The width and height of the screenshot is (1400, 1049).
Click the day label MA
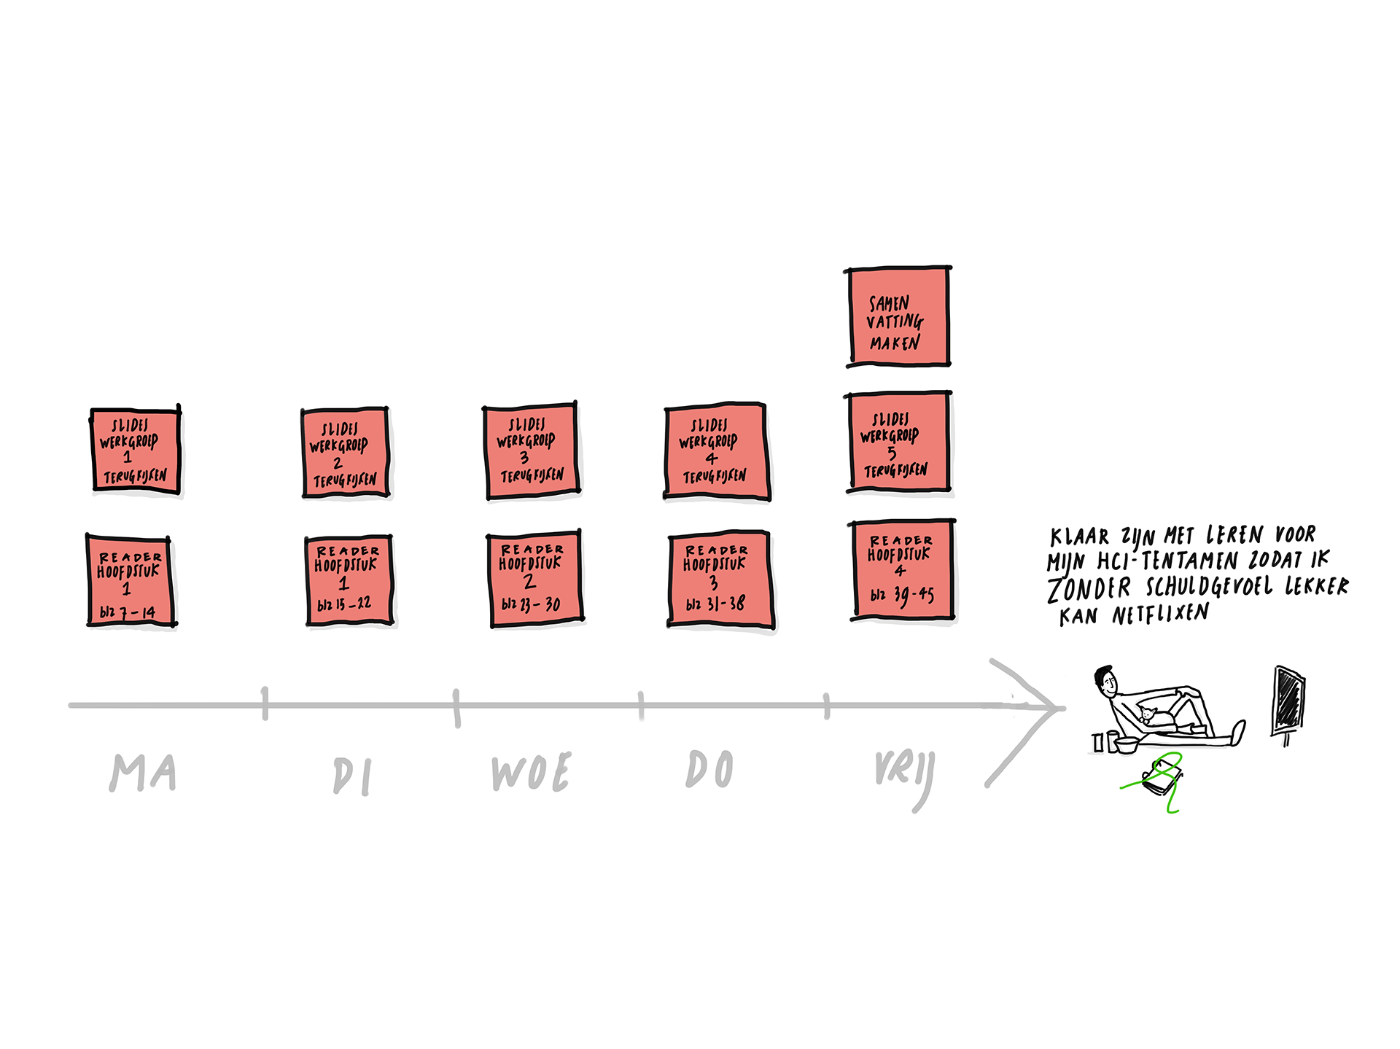point(143,773)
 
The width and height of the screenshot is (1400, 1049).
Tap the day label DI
point(352,776)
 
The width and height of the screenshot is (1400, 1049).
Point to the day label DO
point(709,769)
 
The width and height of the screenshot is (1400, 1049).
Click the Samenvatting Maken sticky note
point(898,317)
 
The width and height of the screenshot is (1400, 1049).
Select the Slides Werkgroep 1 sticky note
point(136,450)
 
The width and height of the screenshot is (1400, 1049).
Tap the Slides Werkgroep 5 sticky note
point(899,442)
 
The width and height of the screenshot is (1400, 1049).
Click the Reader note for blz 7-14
point(131,581)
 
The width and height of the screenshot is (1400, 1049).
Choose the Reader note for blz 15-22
point(349,580)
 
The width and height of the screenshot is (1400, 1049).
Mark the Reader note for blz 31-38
point(720,580)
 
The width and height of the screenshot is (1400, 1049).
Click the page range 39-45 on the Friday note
point(914,596)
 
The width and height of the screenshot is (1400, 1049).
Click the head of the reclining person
point(1106,681)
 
